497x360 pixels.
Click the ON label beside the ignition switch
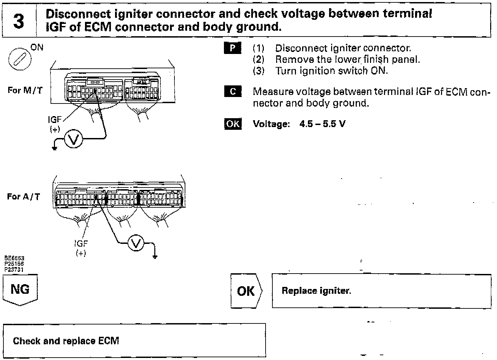37,47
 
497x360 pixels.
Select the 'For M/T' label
25,91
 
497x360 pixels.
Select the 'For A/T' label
24,197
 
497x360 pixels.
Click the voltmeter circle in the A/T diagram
136,243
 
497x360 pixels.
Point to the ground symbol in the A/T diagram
155,257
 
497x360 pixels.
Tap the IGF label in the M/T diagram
55,119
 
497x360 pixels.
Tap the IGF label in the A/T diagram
81,244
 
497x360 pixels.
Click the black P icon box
232,48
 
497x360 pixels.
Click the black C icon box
232,92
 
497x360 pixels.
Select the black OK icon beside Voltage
232,124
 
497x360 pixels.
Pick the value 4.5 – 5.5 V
322,124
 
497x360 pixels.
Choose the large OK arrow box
246,291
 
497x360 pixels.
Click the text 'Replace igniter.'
316,291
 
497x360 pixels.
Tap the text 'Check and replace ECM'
66,341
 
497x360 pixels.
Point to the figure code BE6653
14,259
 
